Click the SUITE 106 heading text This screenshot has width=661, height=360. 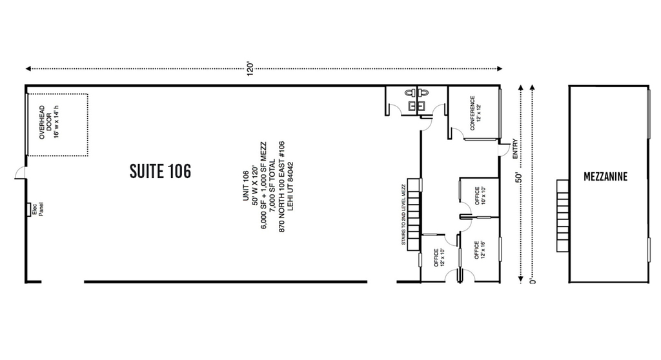tap(160, 171)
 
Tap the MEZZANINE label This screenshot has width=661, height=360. tap(605, 177)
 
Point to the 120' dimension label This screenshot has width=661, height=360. tap(250, 69)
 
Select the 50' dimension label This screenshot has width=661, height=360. tap(519, 177)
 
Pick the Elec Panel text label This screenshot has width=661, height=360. tap(37, 210)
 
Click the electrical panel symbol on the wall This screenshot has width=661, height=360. tap(28, 209)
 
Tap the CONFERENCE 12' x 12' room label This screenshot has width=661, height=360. tap(476, 113)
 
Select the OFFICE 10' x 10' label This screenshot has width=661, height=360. tap(480, 195)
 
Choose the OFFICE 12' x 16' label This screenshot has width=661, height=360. tap(480, 250)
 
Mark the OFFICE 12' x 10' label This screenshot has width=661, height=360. tap(439, 257)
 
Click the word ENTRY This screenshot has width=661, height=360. tap(514, 149)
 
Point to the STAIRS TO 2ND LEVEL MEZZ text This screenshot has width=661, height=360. tap(403, 215)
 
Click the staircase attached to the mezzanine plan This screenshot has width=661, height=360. tap(563, 216)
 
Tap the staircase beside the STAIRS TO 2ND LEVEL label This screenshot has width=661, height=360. tap(414, 214)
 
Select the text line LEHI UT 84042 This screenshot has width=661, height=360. tap(290, 186)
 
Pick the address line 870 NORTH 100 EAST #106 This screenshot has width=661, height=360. tap(281, 186)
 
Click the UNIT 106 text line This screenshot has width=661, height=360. tap(246, 186)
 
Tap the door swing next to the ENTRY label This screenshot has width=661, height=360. tap(503, 150)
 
